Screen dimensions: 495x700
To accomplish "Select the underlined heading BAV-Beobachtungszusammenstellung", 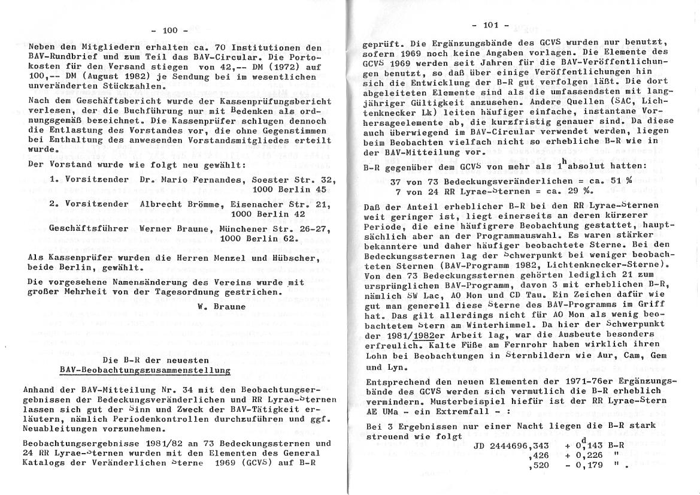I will (x=146, y=371).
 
